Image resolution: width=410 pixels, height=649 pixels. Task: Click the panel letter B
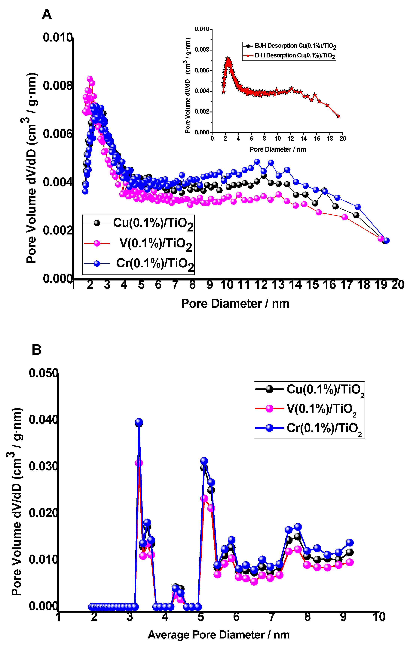[36, 350]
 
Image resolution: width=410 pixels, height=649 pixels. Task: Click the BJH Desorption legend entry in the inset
[295, 46]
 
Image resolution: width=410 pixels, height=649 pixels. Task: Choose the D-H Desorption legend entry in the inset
[295, 56]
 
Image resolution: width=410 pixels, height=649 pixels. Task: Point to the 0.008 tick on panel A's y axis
[58, 86]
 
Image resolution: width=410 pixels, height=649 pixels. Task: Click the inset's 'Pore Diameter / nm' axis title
[277, 149]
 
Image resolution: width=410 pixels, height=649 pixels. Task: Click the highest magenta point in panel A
[90, 79]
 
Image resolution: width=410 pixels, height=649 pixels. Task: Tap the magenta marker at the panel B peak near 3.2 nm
[139, 463]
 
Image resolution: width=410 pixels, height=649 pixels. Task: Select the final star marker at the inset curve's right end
[338, 116]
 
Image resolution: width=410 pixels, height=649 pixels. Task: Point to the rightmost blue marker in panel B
[350, 543]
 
